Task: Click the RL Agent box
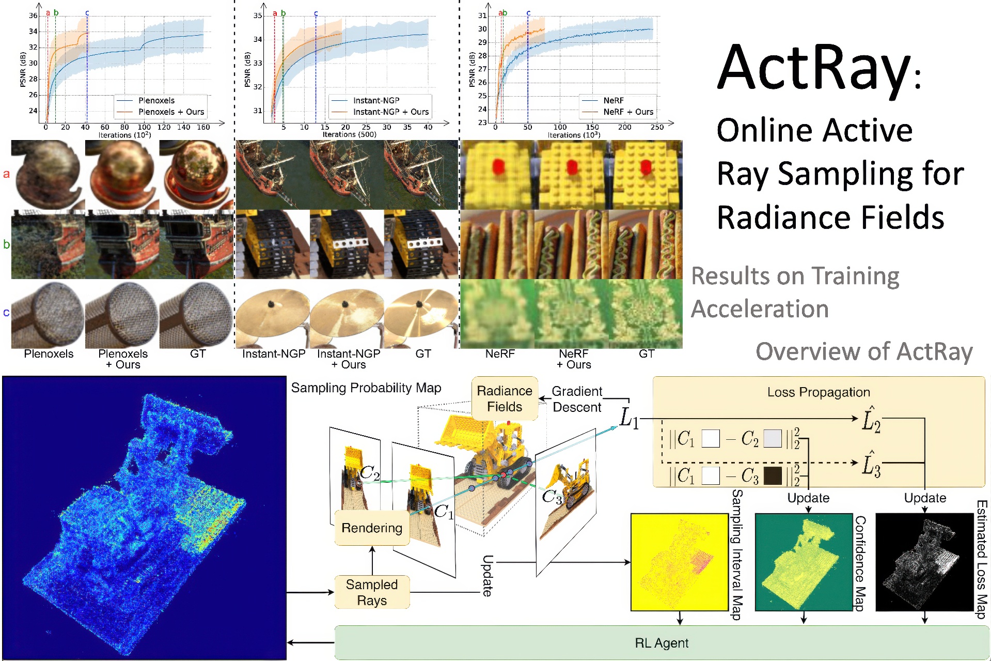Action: (662, 642)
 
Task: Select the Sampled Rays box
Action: (372, 592)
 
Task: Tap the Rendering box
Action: (372, 528)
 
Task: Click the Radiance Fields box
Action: (505, 398)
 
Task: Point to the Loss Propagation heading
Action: (819, 392)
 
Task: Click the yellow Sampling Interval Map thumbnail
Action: (680, 562)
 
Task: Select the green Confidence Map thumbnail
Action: (804, 562)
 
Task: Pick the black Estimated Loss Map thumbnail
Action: (924, 562)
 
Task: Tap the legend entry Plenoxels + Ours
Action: (171, 112)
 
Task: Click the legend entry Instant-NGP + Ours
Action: (390, 112)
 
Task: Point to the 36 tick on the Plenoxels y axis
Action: (33, 16)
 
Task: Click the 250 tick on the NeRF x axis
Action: (657, 127)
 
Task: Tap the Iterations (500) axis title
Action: (350, 134)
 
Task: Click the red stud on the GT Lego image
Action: (646, 166)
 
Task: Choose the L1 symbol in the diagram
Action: (629, 418)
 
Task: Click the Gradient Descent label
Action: (577, 399)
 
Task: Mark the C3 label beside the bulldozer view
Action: (552, 497)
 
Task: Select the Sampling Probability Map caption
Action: (366, 388)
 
